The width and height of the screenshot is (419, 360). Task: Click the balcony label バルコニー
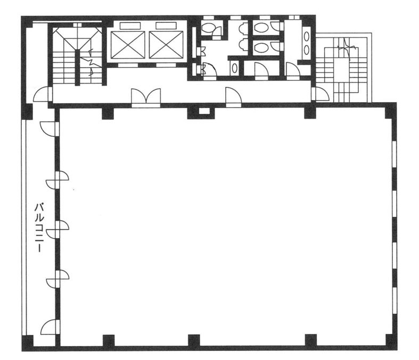tap(39, 228)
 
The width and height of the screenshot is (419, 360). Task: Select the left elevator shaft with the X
tap(128, 45)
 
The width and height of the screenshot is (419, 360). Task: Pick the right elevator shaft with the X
tap(166, 45)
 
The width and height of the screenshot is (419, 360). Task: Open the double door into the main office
tap(146, 97)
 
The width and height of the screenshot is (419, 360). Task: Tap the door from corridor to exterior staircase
tap(321, 94)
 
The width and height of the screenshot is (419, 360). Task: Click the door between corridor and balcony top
tap(43, 94)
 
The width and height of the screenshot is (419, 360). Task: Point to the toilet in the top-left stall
tap(208, 28)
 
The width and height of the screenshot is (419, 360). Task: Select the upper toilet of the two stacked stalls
tap(261, 27)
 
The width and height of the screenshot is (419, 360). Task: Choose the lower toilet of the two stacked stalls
tap(261, 48)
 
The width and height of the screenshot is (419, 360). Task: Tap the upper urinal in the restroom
tap(242, 28)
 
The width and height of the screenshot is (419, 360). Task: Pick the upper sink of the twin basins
tap(307, 37)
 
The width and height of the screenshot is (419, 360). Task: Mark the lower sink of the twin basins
tap(307, 50)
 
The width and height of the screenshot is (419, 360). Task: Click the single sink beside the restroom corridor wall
tap(234, 68)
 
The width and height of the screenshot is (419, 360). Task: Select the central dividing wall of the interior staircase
tap(78, 67)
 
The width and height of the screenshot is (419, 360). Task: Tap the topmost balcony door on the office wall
tap(50, 129)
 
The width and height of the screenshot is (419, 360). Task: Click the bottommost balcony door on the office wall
tap(50, 327)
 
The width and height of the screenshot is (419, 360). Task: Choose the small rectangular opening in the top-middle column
tap(204, 110)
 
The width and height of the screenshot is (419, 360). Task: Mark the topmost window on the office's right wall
tap(395, 154)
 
